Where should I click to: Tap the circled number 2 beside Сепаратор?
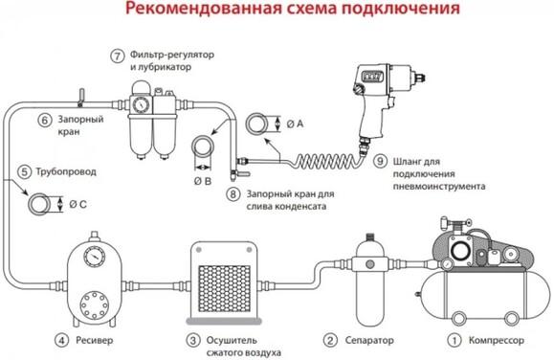(x=330, y=339)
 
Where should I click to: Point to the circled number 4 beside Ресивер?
(x=60, y=339)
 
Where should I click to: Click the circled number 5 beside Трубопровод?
(x=24, y=173)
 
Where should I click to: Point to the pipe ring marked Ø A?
(x=256, y=124)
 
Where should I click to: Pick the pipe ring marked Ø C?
(x=41, y=204)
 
